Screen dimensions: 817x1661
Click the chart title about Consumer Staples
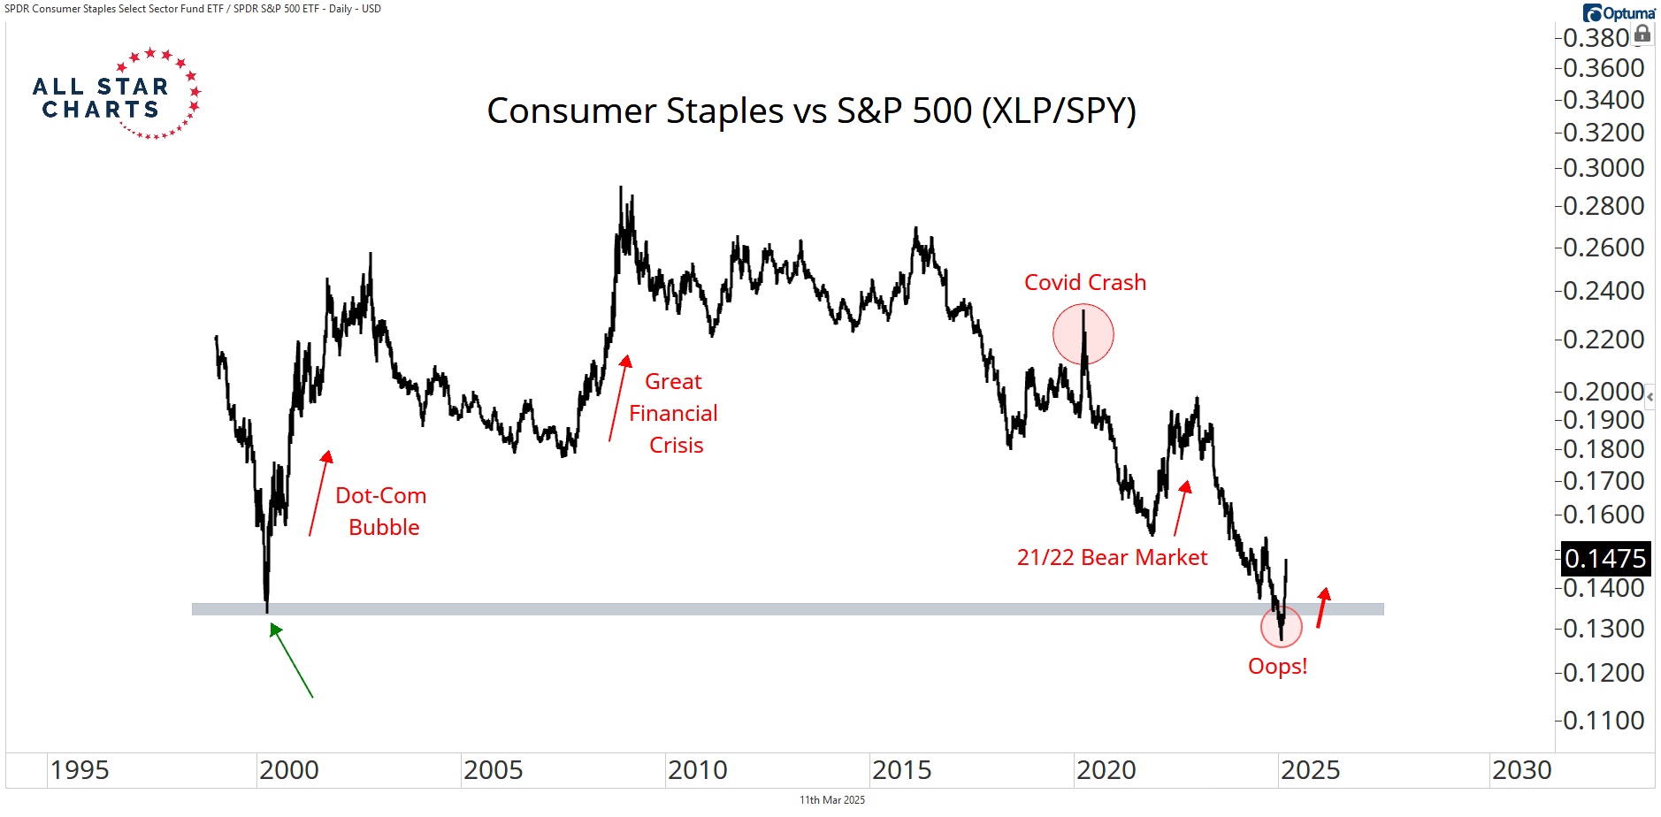click(811, 111)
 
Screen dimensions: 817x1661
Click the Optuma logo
click(1619, 13)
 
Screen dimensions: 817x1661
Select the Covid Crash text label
click(1084, 283)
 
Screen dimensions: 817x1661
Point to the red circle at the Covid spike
click(1083, 334)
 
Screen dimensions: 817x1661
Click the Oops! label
click(1277, 667)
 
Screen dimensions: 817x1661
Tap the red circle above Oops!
click(1281, 627)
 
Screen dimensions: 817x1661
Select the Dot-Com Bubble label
click(382, 512)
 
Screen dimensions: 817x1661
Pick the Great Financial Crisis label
click(674, 414)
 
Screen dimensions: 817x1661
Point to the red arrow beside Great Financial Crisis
click(618, 398)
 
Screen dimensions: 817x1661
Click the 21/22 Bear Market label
click(1112, 558)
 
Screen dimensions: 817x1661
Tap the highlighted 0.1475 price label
click(1604, 559)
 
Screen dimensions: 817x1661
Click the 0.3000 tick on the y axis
click(1604, 168)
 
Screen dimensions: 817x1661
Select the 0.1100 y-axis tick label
click(1604, 721)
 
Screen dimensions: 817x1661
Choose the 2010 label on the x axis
click(697, 771)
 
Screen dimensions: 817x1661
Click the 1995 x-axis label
click(80, 771)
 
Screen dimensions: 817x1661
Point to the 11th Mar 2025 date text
click(832, 800)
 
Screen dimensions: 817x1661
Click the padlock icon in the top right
click(1642, 34)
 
